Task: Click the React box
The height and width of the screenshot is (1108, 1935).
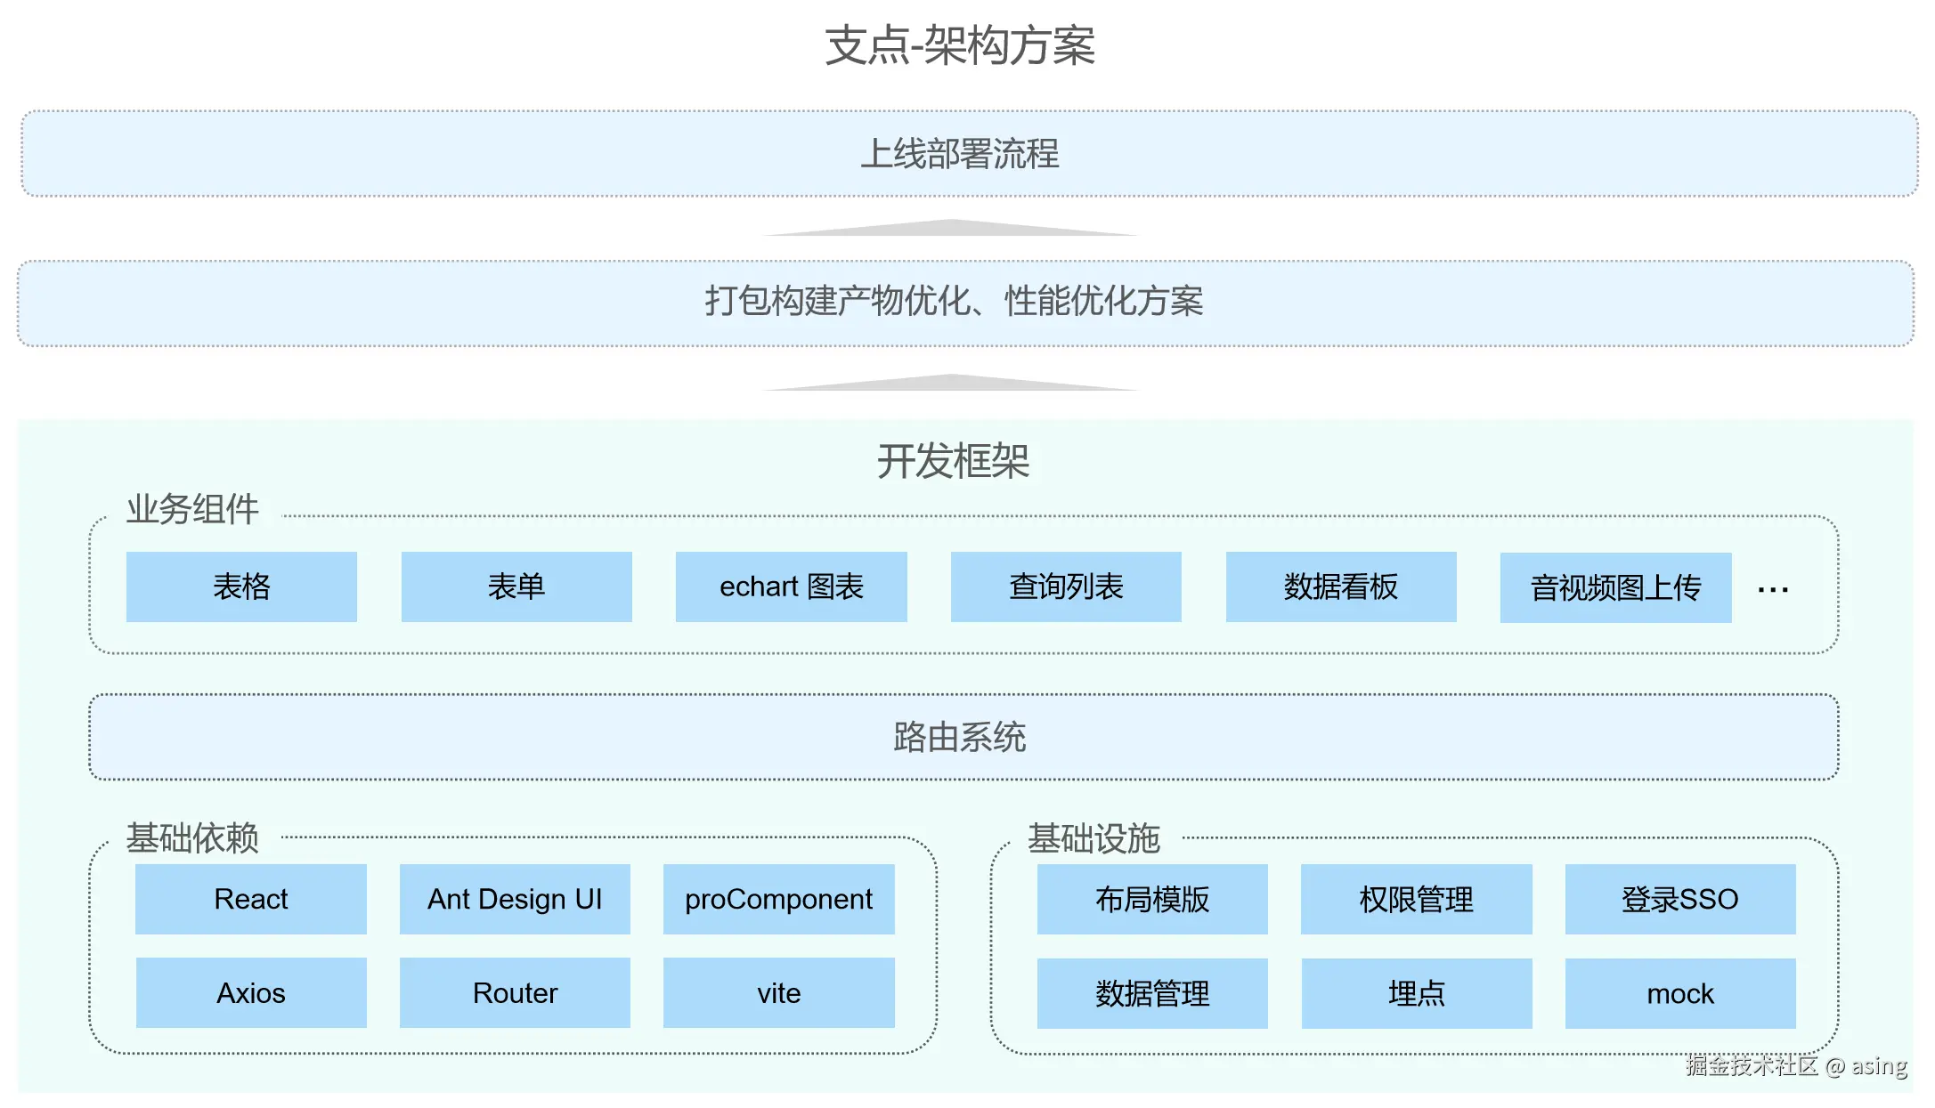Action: tap(250, 899)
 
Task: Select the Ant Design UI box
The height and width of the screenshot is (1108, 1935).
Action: tap(515, 899)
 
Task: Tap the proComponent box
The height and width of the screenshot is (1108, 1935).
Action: tap(778, 899)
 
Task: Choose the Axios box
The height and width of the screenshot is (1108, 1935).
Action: tap(250, 992)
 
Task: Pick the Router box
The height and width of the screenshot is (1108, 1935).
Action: tap(515, 992)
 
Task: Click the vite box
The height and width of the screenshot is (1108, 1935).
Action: tap(778, 992)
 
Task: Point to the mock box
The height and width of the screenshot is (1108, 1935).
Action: tap(1679, 993)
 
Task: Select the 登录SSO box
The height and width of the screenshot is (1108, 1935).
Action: tap(1679, 899)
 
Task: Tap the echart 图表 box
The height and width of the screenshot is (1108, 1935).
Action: tap(791, 586)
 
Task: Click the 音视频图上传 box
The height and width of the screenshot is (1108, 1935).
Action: tap(1615, 587)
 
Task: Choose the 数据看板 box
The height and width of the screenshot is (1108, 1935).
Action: tap(1340, 586)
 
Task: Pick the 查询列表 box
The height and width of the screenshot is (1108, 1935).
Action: tap(1066, 586)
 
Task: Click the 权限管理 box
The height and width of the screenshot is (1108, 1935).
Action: tap(1416, 899)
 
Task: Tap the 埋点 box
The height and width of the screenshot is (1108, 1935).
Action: tap(1416, 993)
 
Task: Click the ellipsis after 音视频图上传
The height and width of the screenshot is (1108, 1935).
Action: tap(1773, 590)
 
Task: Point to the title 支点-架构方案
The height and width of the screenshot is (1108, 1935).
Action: tap(960, 45)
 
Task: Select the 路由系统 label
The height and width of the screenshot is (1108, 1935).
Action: tap(960, 737)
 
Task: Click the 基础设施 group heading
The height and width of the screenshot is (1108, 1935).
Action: tap(1094, 838)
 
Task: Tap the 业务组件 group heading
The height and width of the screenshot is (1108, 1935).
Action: tap(192, 509)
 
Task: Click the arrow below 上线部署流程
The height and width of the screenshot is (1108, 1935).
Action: tap(950, 228)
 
